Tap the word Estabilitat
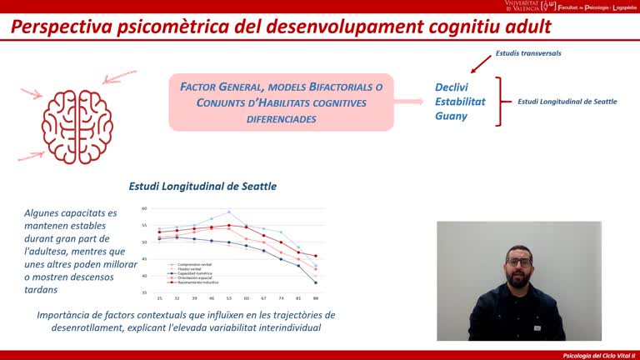point(460,102)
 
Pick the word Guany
point(451,116)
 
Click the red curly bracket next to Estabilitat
point(499,102)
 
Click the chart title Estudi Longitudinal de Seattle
point(202,187)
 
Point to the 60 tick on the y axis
point(144,208)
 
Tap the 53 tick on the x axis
point(229,297)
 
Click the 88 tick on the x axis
point(316,297)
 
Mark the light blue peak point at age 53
point(229,212)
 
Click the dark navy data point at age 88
point(316,282)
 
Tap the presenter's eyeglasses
point(518,262)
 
